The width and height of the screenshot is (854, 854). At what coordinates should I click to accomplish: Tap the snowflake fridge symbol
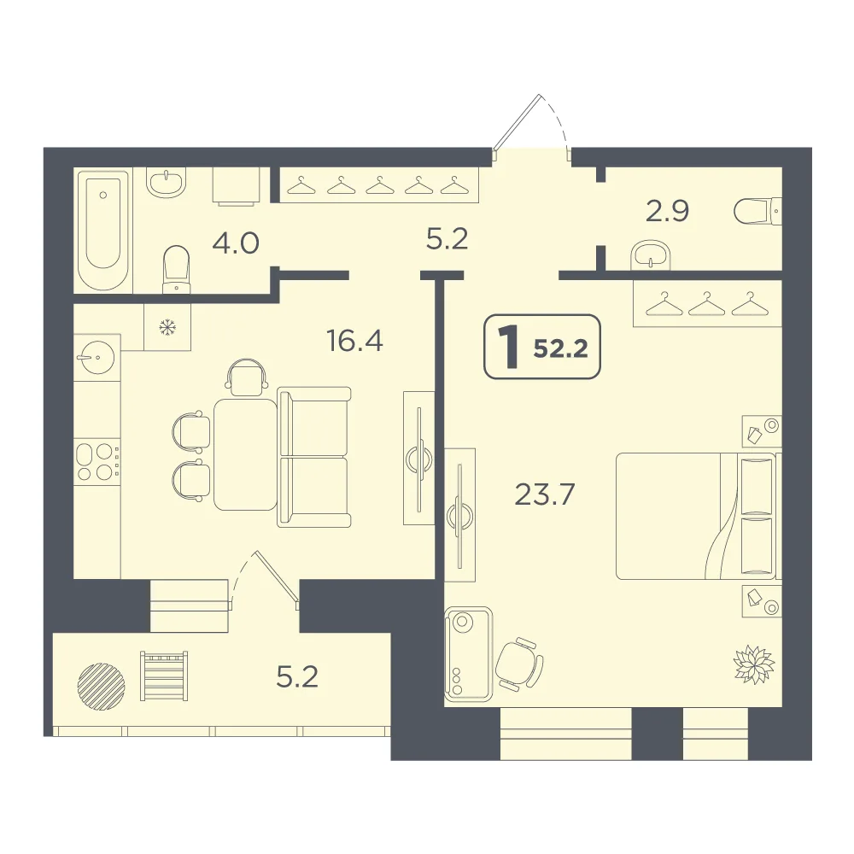pos(167,327)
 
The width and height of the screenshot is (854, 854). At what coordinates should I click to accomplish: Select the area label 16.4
pos(354,341)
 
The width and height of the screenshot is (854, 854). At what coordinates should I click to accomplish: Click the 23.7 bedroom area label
pos(545,494)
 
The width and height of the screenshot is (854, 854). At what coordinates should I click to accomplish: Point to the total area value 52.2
pos(560,348)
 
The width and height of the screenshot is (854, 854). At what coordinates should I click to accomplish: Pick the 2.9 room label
pos(667,211)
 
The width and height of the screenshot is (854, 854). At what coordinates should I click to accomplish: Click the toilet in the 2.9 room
pos(757,211)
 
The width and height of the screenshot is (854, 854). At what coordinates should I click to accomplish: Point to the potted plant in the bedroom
pos(754,664)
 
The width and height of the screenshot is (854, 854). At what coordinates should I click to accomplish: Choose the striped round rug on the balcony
pos(102,687)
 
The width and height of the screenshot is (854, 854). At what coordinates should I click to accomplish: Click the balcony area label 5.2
pos(297,677)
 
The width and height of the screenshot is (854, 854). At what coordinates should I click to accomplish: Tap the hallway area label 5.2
pos(447,239)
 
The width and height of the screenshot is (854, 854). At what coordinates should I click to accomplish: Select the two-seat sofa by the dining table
pos(313,457)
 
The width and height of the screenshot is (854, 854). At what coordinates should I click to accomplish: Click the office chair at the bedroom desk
pos(519,664)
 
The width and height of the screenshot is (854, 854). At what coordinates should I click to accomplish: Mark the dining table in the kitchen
pos(245,454)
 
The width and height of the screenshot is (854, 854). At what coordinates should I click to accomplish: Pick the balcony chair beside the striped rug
pos(164,676)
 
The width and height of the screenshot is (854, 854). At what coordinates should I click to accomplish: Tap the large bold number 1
pos(510,347)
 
